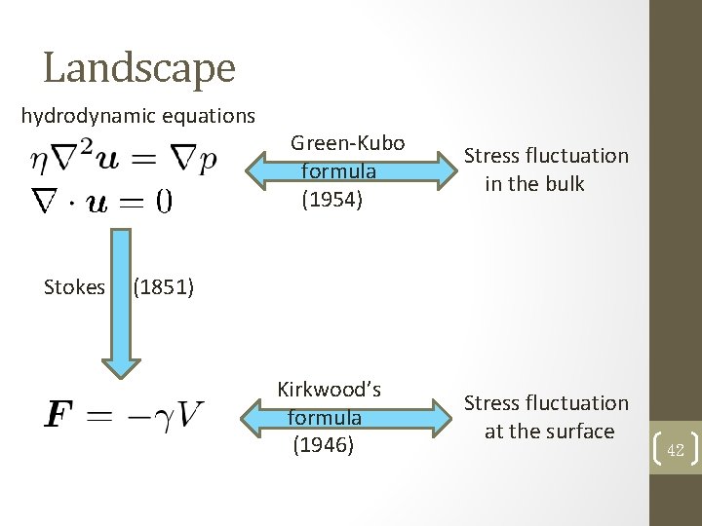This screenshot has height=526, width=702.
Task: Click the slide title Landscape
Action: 139,67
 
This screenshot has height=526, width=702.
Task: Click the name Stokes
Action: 74,287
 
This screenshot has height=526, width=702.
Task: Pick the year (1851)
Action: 163,287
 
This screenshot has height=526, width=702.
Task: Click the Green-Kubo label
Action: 347,143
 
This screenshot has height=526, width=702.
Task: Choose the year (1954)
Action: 331,200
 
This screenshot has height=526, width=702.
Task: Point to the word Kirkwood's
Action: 329,390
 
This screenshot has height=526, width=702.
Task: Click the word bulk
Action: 563,184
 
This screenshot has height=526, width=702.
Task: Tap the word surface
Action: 579,432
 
